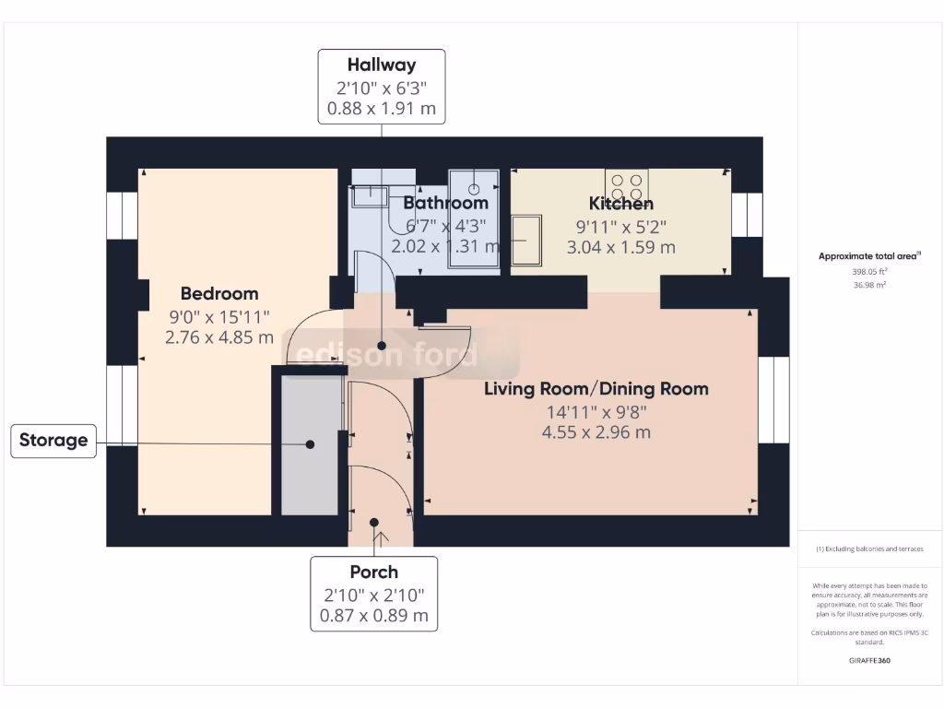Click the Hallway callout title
381,65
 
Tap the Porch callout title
373,572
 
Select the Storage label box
53,441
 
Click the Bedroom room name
219,294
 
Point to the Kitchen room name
621,204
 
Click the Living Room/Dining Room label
596,389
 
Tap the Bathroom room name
445,203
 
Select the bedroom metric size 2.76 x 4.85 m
219,337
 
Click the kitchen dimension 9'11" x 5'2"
621,226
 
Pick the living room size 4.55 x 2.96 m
596,432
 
